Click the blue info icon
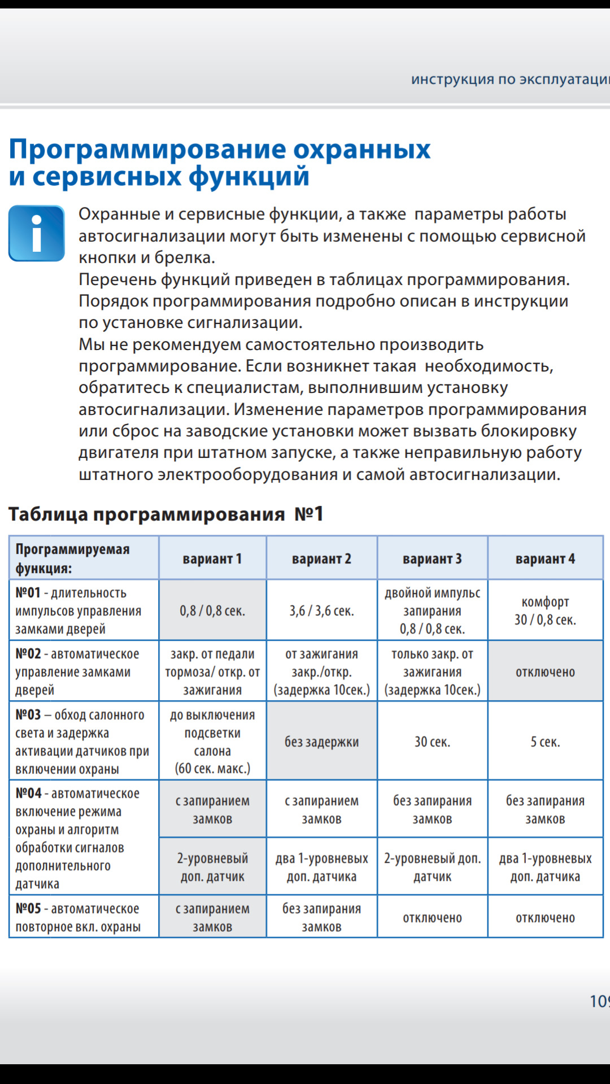point(37,233)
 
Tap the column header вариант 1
point(212,559)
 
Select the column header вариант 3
point(432,559)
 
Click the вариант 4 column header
point(545,559)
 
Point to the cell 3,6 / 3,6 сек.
point(321,611)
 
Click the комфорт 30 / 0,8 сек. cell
point(545,611)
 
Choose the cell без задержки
point(321,742)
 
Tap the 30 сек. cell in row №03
point(432,742)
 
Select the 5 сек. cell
point(545,742)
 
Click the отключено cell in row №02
point(545,672)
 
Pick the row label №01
point(28,593)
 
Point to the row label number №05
point(28,908)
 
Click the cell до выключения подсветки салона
point(212,742)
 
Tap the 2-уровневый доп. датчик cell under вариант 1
point(212,867)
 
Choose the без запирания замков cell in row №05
point(321,917)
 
